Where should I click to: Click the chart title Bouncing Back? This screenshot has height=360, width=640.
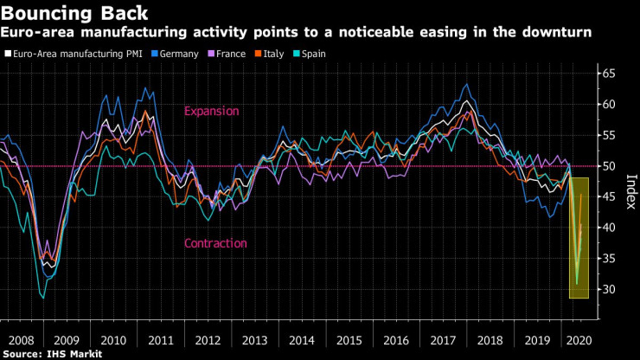coord(74,13)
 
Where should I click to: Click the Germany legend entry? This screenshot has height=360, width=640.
coord(178,54)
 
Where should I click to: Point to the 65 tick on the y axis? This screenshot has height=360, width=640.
coord(609,74)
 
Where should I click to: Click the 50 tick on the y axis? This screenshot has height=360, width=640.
coord(609,166)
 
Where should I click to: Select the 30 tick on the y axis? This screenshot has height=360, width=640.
coord(609,289)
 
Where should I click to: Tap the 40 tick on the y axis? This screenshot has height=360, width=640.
coord(609,228)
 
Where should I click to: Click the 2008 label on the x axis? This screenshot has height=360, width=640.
coord(20,341)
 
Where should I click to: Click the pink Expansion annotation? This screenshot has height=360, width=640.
coord(211,112)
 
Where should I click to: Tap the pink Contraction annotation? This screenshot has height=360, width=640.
coord(215,243)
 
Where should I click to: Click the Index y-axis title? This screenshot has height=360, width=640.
coord(629,186)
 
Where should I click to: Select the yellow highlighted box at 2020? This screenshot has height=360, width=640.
coord(578,238)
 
